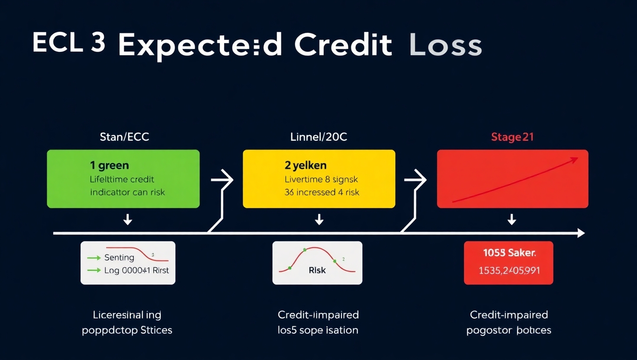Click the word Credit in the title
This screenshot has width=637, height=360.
pos(343,45)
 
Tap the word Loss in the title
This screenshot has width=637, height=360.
pos(445,45)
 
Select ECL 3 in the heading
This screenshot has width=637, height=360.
pos(69,43)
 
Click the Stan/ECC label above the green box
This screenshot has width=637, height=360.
pos(124,137)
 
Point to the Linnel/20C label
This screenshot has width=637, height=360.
pos(318,137)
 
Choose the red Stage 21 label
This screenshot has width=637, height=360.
pos(512,137)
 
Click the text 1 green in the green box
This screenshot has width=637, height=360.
pos(109,165)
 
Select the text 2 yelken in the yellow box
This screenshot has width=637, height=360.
pos(306,165)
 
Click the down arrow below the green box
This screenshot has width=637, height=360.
pos(128,220)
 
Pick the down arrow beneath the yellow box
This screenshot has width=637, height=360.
pos(319,220)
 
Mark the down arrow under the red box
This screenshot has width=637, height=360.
pos(512,220)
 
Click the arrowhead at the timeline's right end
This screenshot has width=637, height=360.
pos(581,233)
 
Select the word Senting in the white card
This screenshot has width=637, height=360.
pos(119,257)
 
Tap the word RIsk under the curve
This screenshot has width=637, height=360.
pos(317,270)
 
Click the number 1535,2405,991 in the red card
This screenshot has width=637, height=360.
pos(509,271)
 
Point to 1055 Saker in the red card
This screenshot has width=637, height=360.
pos(509,253)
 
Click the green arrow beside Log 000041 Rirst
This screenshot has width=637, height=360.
pos(94,270)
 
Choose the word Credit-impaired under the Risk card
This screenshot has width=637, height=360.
pos(318,315)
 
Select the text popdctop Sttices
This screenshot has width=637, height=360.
pos(127,330)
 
